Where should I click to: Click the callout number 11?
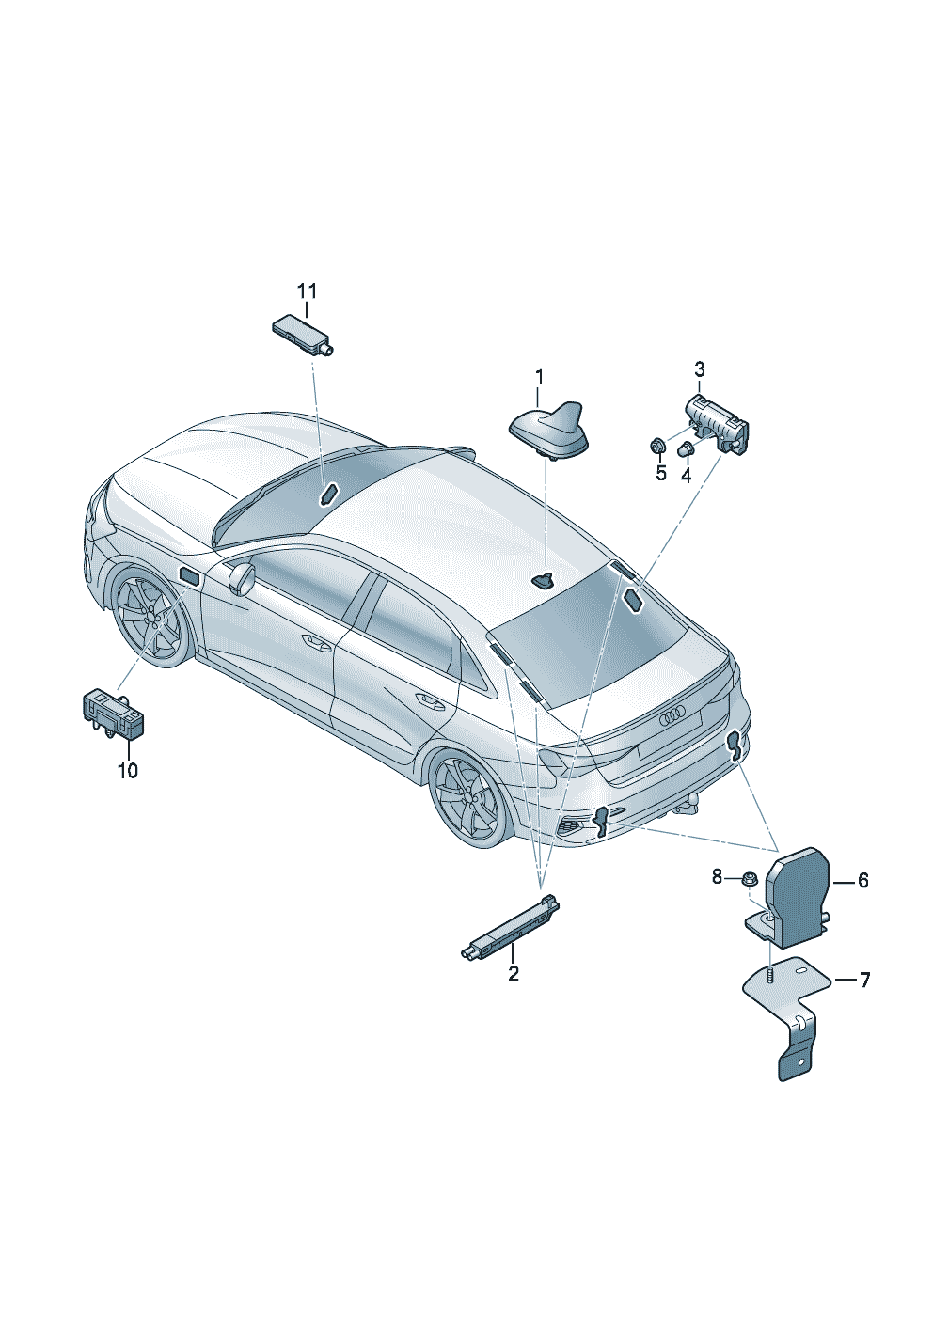point(307,290)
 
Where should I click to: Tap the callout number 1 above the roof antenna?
point(540,377)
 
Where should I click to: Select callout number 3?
point(699,369)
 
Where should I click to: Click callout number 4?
point(661,473)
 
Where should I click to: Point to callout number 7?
point(864,981)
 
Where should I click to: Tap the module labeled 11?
point(302,335)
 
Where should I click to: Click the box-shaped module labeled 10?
point(113,713)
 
